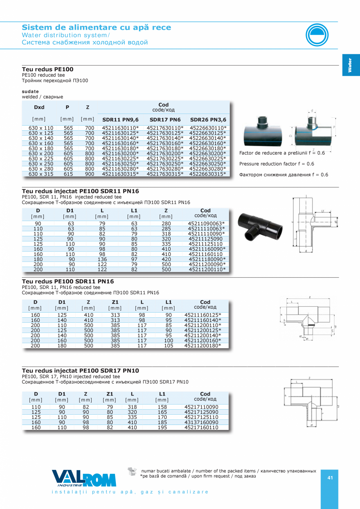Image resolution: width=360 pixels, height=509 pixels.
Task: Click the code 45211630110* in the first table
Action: coord(120,128)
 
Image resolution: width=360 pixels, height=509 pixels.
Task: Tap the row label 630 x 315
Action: coord(41,174)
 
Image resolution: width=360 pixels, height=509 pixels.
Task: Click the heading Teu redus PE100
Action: coord(47,69)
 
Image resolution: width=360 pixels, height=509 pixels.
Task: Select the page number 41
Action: coord(330,478)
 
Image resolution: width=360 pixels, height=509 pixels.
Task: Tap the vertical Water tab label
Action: coord(350,65)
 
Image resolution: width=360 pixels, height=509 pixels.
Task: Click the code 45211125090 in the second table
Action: coord(205,239)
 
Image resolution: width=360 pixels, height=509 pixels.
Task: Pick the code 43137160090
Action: coord(201,422)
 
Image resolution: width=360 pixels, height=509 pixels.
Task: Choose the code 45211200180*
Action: coord(203,345)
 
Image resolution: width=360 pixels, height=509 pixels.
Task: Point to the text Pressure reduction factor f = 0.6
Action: coord(277,164)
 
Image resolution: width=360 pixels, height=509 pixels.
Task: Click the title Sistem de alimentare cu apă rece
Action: coord(96,27)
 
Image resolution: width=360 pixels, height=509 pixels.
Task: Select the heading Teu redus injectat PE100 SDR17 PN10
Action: coord(81,370)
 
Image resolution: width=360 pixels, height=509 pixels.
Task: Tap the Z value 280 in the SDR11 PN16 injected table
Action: coord(166,223)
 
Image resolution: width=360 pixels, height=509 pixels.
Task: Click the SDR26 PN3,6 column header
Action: coord(208,119)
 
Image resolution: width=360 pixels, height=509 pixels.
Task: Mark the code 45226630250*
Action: coord(208,164)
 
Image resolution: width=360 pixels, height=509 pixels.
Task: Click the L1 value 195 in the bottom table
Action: coord(162,427)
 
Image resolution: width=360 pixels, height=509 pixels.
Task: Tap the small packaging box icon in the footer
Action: coord(132,471)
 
